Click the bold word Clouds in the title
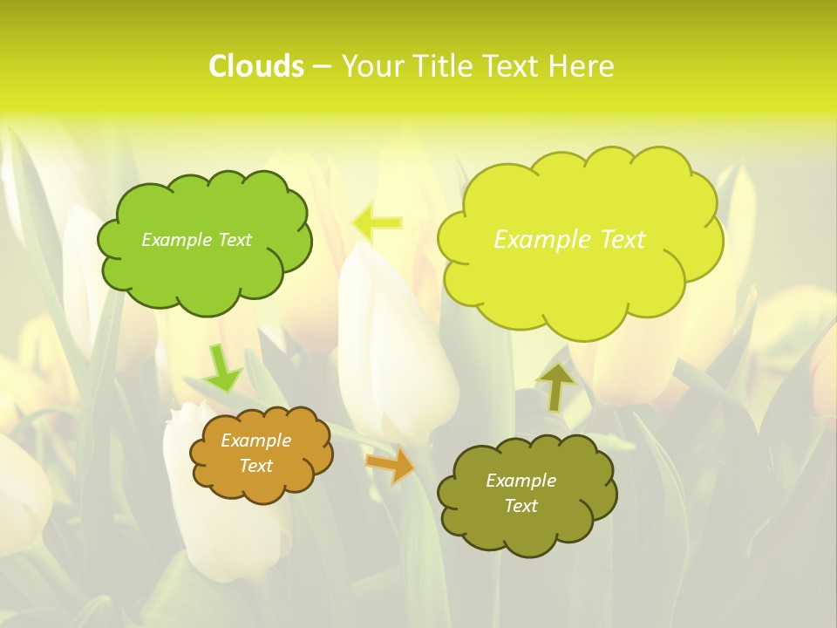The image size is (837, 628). click(x=256, y=66)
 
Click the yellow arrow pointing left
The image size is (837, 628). click(x=377, y=222)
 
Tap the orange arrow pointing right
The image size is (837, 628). click(x=391, y=464)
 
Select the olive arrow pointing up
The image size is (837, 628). click(x=556, y=386)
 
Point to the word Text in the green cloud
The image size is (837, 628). click(x=234, y=240)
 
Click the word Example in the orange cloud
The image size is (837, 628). click(x=255, y=440)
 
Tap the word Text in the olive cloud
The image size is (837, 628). click(x=521, y=506)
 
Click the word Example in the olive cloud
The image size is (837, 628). click(x=521, y=481)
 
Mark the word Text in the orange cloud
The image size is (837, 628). click(x=255, y=466)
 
